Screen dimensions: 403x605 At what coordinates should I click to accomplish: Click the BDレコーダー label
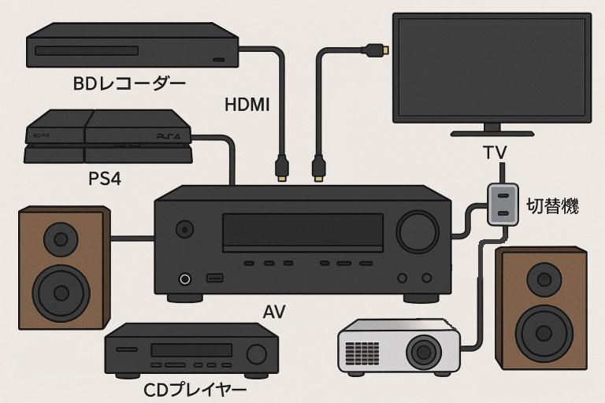129,83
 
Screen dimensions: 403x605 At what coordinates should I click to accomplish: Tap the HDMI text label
247,104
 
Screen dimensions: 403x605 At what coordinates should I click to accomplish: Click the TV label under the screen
494,152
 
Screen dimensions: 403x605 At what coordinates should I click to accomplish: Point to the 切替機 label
552,206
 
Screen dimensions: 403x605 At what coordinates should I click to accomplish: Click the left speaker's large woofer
61,290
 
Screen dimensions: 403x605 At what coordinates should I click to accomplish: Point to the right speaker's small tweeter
544,278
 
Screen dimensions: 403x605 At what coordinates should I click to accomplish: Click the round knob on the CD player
256,353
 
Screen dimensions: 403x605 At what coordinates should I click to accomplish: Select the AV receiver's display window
302,231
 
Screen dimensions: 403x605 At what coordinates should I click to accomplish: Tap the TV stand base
492,131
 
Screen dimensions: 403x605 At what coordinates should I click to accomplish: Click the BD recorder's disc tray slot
87,51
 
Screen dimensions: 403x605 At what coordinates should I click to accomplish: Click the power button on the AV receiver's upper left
184,230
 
